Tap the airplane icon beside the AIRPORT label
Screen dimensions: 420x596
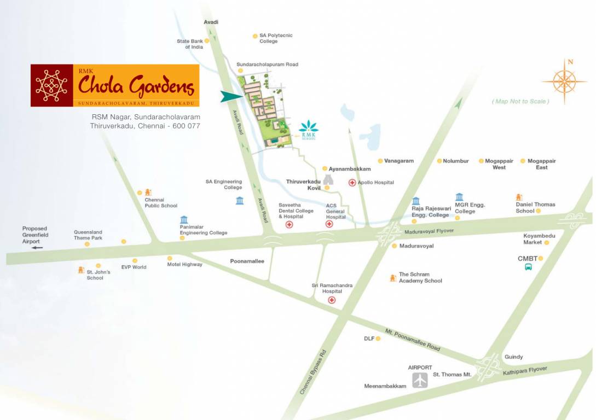click(x=420, y=380)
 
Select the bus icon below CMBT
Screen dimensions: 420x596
click(x=529, y=267)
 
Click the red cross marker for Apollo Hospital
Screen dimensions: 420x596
click(x=352, y=182)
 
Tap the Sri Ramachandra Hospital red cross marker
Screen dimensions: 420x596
click(x=332, y=300)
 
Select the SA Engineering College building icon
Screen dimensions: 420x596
click(x=240, y=200)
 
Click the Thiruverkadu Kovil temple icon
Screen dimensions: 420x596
click(x=328, y=179)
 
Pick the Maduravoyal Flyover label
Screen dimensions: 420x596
click(x=429, y=231)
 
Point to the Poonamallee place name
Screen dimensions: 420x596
click(x=247, y=261)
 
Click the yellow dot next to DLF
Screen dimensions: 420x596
click(x=378, y=339)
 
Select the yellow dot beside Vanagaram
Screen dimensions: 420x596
click(x=380, y=161)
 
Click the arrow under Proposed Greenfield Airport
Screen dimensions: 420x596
click(x=37, y=248)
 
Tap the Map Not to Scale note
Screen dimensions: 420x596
click(x=520, y=101)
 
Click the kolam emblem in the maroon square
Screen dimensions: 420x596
click(x=51, y=85)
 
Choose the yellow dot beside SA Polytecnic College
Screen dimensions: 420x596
click(x=255, y=36)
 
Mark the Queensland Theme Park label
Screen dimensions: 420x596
click(x=88, y=235)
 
